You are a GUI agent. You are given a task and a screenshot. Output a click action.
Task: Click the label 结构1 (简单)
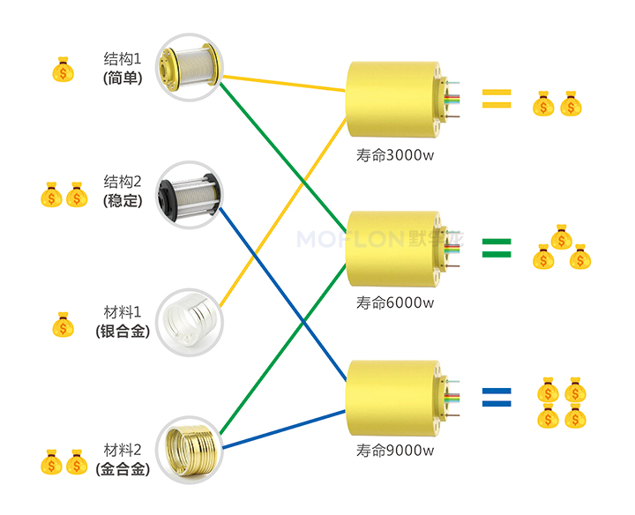tap(123, 68)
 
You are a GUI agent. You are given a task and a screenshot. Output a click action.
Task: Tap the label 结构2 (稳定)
tap(123, 190)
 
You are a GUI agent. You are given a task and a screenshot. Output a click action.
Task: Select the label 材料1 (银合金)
tap(123, 321)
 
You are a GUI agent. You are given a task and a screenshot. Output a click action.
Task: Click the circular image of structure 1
tap(189, 67)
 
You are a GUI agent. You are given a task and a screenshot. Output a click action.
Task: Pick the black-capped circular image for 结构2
tap(189, 193)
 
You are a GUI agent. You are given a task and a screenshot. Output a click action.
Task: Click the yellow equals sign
tap(497, 99)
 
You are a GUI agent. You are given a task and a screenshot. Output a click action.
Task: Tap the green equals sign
tap(497, 248)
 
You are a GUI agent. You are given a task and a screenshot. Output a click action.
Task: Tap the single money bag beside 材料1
tap(63, 325)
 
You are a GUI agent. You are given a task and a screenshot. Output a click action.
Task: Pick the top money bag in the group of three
tap(561, 236)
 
